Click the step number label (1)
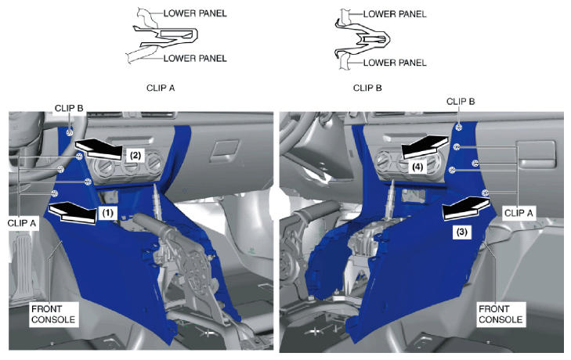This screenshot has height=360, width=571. [x=107, y=213]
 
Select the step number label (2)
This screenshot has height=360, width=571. [x=135, y=156]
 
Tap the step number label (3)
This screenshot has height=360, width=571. [x=462, y=232]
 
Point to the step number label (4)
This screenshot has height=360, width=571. [x=417, y=167]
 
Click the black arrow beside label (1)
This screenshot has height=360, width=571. [x=73, y=212]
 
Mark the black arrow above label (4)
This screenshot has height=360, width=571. [x=425, y=146]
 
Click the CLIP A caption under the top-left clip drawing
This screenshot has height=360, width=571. [x=161, y=88]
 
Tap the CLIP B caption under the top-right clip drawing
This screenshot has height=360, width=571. [x=367, y=88]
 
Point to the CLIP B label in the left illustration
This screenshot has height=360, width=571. [x=69, y=108]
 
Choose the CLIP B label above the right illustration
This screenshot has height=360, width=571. [x=461, y=102]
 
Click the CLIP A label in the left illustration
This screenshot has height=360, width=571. [x=22, y=223]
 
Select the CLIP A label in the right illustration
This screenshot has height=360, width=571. [x=519, y=213]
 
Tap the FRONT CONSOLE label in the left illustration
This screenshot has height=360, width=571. [x=53, y=314]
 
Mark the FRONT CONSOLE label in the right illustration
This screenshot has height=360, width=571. [x=501, y=314]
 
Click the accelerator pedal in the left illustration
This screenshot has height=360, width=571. [x=23, y=266]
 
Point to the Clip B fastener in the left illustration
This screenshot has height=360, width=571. [x=70, y=132]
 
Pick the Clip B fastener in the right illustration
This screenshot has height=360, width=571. [x=459, y=127]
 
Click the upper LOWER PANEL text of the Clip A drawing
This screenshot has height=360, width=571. [x=195, y=13]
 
